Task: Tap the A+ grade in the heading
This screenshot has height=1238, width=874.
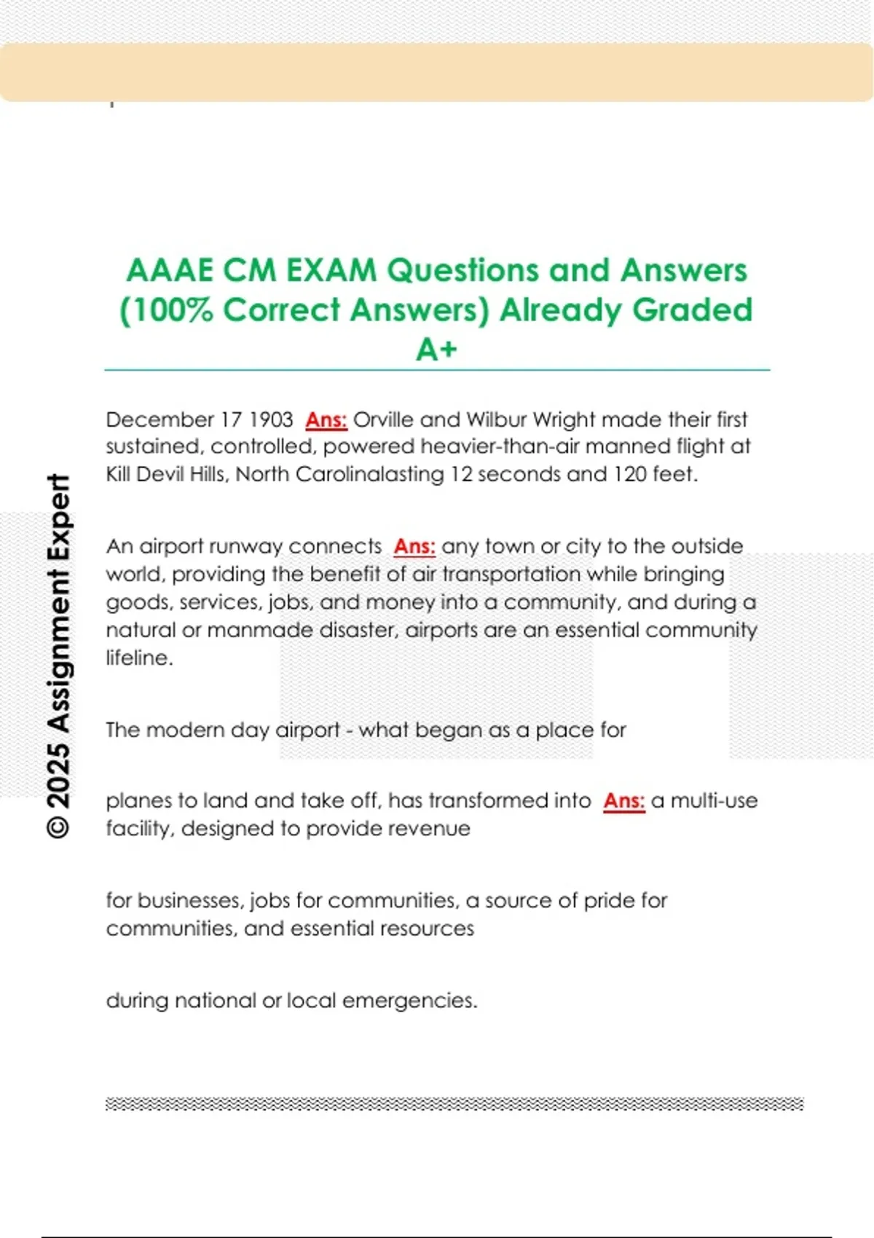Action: click(x=436, y=350)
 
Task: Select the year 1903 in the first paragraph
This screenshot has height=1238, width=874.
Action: click(x=271, y=419)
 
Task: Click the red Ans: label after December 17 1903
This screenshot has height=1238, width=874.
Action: click(x=326, y=419)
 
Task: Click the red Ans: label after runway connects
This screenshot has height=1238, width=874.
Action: click(x=414, y=546)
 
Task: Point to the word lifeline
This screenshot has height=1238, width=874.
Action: click(x=139, y=658)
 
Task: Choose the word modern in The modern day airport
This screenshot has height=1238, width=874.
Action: click(x=186, y=730)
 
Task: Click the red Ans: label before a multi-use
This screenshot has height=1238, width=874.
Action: click(x=624, y=800)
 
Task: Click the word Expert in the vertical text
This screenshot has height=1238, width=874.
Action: click(x=58, y=519)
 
